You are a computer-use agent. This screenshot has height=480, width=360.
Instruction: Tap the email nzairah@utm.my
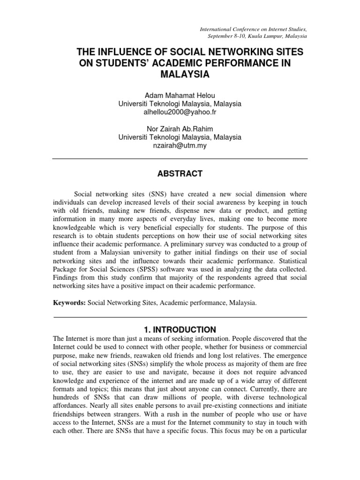[180, 146]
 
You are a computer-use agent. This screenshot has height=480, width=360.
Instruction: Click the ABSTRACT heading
[180, 174]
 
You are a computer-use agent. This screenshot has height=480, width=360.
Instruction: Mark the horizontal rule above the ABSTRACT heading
[180, 159]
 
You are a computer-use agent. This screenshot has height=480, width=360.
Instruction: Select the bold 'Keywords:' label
[69, 303]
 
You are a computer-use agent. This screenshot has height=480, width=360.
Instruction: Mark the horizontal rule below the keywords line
[180, 317]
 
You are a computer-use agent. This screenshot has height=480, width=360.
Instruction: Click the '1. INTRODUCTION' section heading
[180, 330]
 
